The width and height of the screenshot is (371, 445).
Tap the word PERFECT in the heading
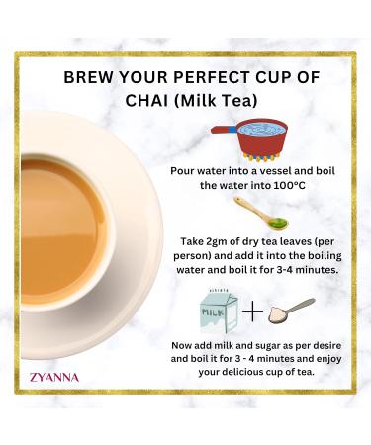pyautogui.click(x=228, y=78)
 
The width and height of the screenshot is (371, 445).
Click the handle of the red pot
pyautogui.click(x=224, y=130)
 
